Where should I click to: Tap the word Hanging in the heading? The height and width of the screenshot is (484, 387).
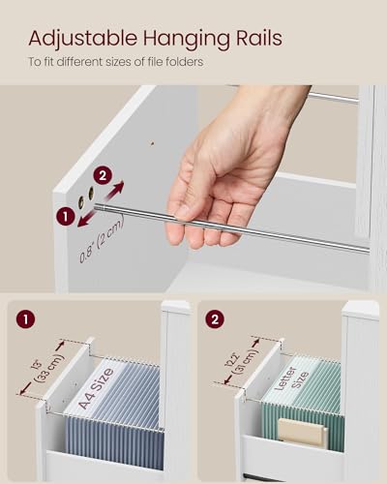[x=172, y=39]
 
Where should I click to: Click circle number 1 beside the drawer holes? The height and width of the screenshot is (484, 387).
[x=65, y=218]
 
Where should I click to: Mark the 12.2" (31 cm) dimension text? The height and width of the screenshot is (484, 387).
[x=244, y=366]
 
